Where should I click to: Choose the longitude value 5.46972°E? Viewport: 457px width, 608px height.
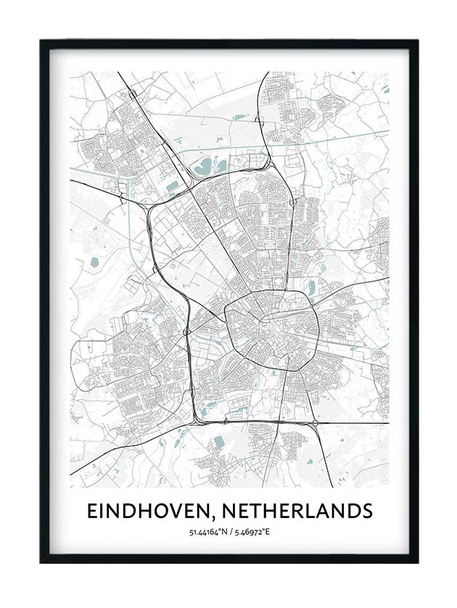coord(251,533)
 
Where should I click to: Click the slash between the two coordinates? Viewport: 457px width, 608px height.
coord(228,533)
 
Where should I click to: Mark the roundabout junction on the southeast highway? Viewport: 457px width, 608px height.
coord(317,422)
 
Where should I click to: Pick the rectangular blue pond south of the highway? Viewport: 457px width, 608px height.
coord(218,442)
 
